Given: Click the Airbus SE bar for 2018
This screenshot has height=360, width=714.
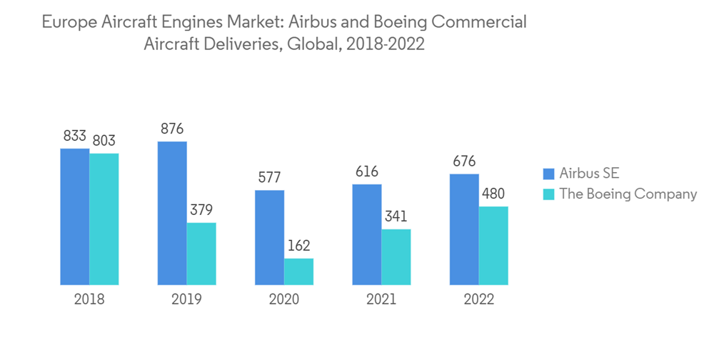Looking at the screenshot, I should pyautogui.click(x=74, y=217).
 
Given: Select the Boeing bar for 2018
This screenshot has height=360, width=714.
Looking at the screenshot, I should pyautogui.click(x=104, y=219).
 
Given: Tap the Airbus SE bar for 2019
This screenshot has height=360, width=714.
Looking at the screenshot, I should pyautogui.click(x=172, y=214).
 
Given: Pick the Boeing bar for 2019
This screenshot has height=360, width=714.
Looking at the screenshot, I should pyautogui.click(x=201, y=254).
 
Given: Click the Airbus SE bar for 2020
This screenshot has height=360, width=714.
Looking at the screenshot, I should pyautogui.click(x=269, y=238).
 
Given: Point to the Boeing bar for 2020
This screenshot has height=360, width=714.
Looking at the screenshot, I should pyautogui.click(x=298, y=272).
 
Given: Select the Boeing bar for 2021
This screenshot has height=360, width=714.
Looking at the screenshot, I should pyautogui.click(x=396, y=257).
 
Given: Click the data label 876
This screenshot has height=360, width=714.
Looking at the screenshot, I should pyautogui.click(x=172, y=129).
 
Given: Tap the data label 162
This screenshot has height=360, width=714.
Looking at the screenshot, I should pyautogui.click(x=298, y=246).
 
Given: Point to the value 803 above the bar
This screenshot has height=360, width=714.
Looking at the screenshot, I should pyautogui.click(x=104, y=141).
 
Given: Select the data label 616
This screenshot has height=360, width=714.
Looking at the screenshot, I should pyautogui.click(x=366, y=171).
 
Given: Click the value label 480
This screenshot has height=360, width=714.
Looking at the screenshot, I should pyautogui.click(x=493, y=194).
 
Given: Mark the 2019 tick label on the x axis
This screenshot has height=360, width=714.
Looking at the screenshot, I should pyautogui.click(x=186, y=299).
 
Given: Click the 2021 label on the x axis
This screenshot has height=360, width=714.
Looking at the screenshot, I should pyautogui.click(x=381, y=299).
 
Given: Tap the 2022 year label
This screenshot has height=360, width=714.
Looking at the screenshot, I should pyautogui.click(x=478, y=299).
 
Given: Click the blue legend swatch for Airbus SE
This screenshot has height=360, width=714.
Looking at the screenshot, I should pyautogui.click(x=548, y=174).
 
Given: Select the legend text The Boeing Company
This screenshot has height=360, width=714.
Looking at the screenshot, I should pyautogui.click(x=628, y=194).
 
